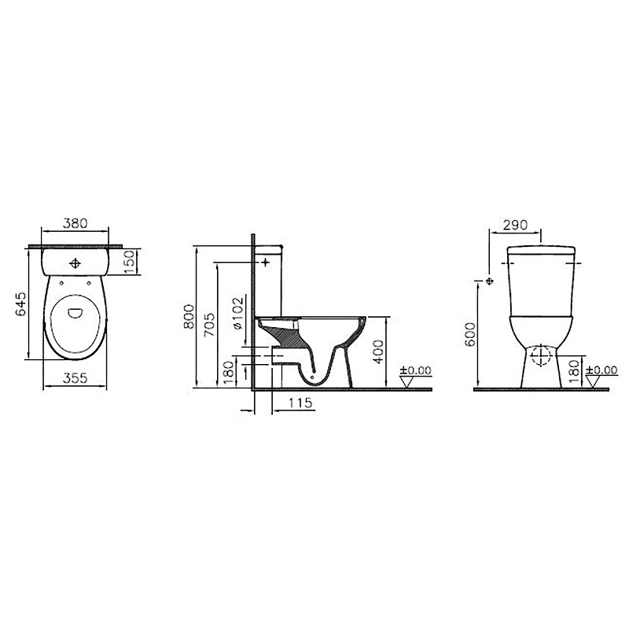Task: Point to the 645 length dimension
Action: [22, 305]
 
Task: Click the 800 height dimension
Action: [188, 318]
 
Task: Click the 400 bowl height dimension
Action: [378, 351]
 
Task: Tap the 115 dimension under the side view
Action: [300, 403]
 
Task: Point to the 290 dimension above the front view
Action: [515, 224]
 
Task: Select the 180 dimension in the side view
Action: [228, 373]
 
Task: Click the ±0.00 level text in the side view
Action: [416, 370]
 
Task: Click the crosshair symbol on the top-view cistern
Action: [75, 263]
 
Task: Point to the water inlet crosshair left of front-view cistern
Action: [490, 281]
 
